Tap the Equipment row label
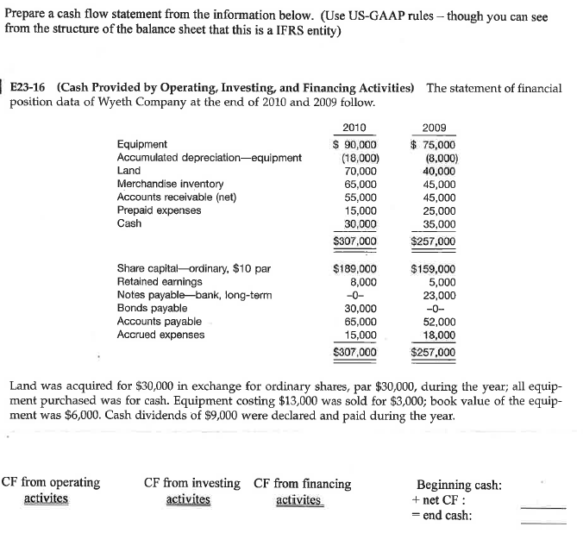pos(142,145)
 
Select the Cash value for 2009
pos(440,223)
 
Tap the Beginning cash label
pos(458,486)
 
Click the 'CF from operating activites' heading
pos(51,491)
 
